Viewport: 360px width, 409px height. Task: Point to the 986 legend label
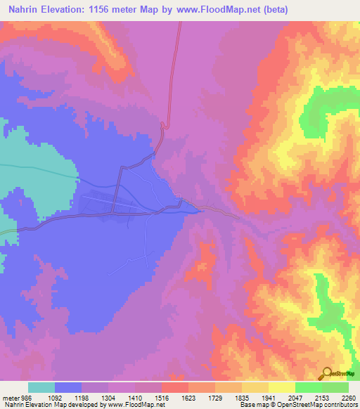[25, 396]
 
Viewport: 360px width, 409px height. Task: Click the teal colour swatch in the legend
[41, 387]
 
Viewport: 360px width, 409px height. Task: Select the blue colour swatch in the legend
[68, 387]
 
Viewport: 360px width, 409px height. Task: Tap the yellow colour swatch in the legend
[281, 387]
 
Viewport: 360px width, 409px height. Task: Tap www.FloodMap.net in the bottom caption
[139, 405]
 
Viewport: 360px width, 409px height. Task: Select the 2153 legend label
[322, 396]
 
